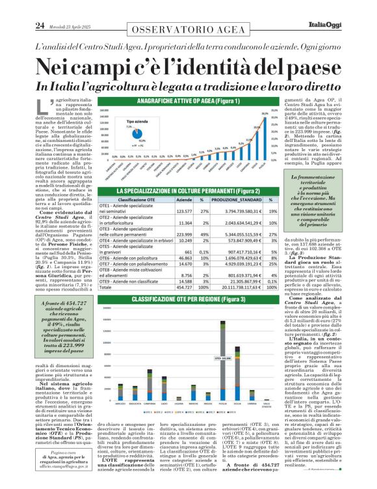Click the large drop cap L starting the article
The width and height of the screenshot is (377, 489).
[45, 107]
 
